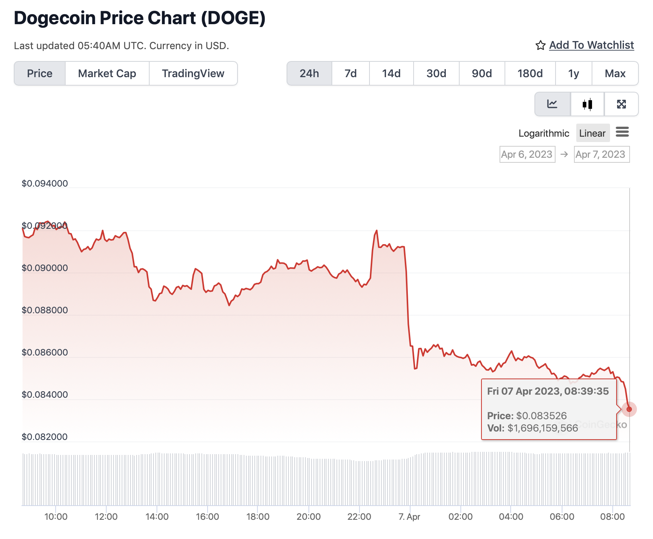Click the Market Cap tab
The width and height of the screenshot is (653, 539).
click(107, 73)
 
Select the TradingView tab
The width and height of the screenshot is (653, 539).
click(193, 73)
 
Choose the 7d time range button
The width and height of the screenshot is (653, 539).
click(350, 73)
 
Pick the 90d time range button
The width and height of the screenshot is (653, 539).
click(482, 73)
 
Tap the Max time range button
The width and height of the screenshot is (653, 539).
click(615, 73)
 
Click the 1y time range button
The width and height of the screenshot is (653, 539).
click(573, 73)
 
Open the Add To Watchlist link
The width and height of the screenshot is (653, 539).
click(591, 45)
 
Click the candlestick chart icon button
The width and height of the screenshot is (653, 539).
click(587, 104)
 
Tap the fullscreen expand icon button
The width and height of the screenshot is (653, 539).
click(621, 104)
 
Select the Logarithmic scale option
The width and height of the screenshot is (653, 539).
click(544, 133)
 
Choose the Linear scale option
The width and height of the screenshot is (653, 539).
click(592, 133)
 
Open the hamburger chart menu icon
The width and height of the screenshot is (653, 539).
click(622, 132)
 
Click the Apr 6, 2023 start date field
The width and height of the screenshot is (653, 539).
click(527, 154)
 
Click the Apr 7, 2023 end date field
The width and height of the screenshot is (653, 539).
click(601, 154)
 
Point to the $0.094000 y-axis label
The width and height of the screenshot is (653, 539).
click(45, 184)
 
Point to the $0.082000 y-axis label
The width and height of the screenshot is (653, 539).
click(45, 437)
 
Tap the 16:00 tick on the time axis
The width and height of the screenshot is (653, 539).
click(207, 517)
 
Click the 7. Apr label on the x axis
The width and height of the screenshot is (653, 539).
click(409, 517)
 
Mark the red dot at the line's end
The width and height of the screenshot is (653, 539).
click(629, 409)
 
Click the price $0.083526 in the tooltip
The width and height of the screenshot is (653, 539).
click(541, 416)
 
